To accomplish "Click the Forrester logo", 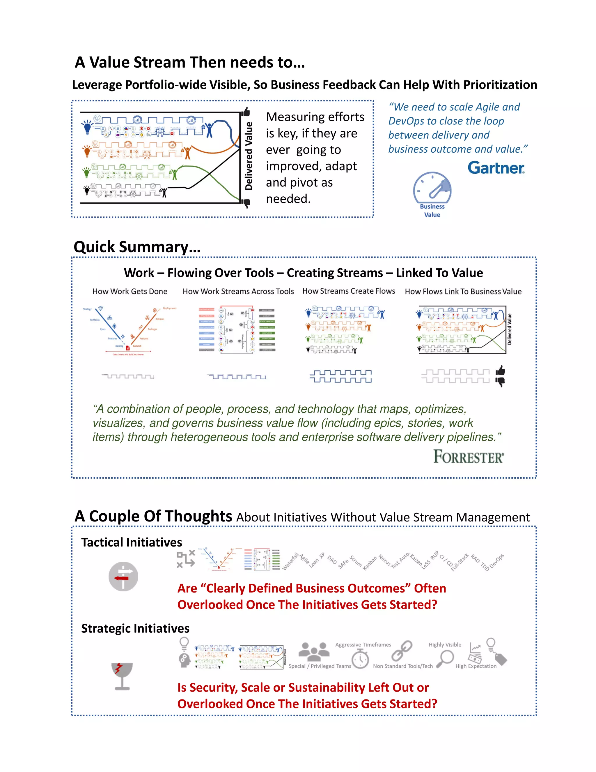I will point(468,457).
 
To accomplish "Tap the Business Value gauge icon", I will point(432,188).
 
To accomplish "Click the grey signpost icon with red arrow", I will point(123,576).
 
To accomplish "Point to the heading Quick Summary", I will point(137,247).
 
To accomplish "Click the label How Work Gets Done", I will point(130,291).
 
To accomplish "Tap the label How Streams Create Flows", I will point(348,291).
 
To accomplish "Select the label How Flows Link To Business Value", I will point(463,291).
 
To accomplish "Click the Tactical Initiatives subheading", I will point(131,542).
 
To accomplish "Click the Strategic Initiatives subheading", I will point(135,628).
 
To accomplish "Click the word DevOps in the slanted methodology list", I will point(497,561).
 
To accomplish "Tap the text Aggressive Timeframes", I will point(363,644).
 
